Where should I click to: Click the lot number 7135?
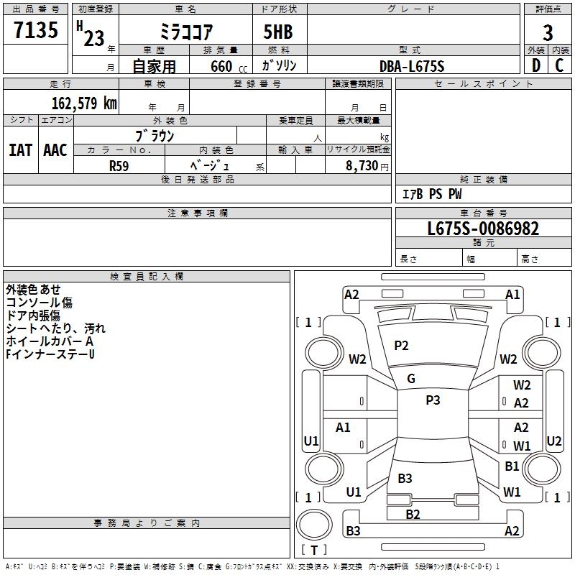36,31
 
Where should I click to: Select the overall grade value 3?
548,32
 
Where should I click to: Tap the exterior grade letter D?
535,65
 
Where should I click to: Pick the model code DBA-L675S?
412,66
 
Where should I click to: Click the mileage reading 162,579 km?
84,103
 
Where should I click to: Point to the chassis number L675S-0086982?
483,229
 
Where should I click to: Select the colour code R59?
119,165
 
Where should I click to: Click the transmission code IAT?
20,150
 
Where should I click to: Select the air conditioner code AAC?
55,150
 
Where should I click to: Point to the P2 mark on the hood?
401,346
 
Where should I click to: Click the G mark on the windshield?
411,379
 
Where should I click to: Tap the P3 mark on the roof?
433,400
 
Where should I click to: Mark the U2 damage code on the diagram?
553,441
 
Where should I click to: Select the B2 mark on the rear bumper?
413,514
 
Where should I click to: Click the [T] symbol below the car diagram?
314,550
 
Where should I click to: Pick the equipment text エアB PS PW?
431,195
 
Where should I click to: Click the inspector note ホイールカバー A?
50,341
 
